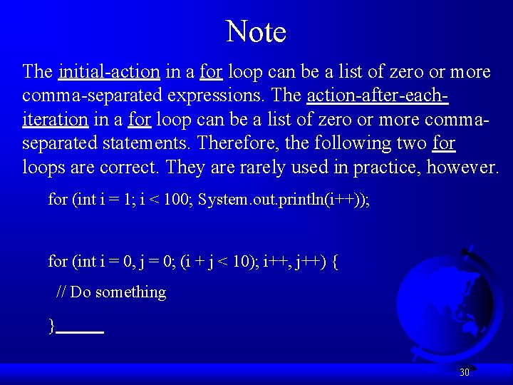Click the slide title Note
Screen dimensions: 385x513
[x=256, y=32]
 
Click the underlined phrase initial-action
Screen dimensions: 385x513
[x=109, y=72]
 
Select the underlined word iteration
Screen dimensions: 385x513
[x=55, y=119]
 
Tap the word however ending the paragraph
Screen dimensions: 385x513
[x=467, y=167]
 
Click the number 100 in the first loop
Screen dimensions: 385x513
[x=177, y=200]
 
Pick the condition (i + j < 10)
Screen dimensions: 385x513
[x=217, y=262]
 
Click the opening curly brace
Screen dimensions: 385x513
[x=335, y=262]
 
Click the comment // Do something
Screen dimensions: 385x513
[x=111, y=292]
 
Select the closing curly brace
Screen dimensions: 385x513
[x=51, y=327]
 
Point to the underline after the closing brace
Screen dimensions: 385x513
[x=80, y=332]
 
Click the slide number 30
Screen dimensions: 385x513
[x=465, y=372]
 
